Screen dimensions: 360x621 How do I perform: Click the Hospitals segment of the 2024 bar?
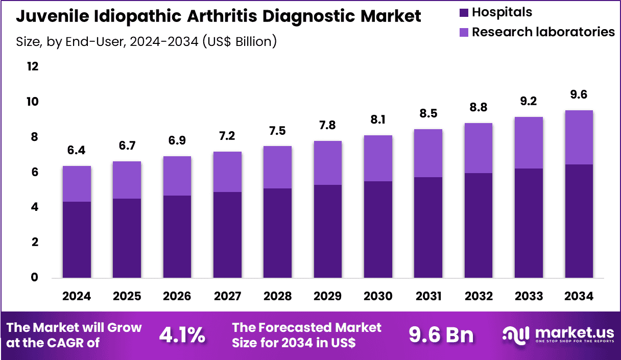pyautogui.click(x=77, y=239)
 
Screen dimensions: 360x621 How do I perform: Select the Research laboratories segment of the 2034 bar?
pyautogui.click(x=579, y=137)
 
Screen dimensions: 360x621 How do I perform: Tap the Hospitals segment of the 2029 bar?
pyautogui.click(x=327, y=231)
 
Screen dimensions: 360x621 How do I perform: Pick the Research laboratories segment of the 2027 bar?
pyautogui.click(x=227, y=172)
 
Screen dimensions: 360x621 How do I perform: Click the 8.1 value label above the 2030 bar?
pyautogui.click(x=378, y=121)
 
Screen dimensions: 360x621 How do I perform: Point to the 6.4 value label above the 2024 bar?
pyautogui.click(x=77, y=151)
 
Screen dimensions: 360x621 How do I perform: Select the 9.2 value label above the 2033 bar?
pyautogui.click(x=529, y=102)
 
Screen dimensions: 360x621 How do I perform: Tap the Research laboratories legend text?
pyautogui.click(x=543, y=32)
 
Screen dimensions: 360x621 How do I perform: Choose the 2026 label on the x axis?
pyautogui.click(x=177, y=296)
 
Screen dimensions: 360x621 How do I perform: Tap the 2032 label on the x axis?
pyautogui.click(x=479, y=296)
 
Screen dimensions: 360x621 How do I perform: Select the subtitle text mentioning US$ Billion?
pyautogui.click(x=146, y=41)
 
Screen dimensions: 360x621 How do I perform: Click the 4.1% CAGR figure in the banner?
pyautogui.click(x=182, y=335)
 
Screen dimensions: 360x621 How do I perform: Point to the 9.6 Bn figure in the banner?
pyautogui.click(x=441, y=335)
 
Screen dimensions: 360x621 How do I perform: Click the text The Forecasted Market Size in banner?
pyautogui.click(x=306, y=334)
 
